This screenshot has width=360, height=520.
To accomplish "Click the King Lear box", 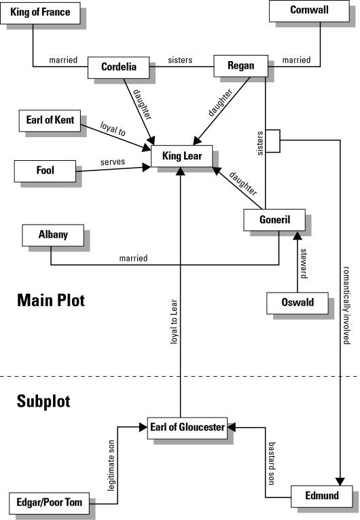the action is (181, 156).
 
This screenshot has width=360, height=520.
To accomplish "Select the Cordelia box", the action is (118, 67).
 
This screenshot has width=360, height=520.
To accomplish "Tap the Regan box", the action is (240, 66).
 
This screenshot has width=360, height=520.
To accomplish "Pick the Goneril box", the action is (274, 220).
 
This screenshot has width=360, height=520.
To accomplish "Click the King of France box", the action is (40, 13).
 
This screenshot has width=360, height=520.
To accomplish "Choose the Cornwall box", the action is (309, 11).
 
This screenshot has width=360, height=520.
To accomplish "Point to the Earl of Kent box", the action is (50, 121).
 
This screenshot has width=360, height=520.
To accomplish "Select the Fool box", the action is (45, 171).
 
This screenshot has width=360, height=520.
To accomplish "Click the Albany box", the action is (53, 235).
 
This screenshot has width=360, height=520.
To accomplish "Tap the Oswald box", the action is (298, 303).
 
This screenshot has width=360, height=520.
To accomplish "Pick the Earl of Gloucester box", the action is (187, 428).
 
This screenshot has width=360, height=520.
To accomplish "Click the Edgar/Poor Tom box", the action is (49, 503).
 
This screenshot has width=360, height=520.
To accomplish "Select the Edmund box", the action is (322, 496).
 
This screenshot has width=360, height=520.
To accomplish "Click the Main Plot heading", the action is (51, 300).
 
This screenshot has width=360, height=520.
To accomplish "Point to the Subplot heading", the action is (43, 401).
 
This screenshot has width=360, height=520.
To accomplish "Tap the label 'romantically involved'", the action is (346, 305).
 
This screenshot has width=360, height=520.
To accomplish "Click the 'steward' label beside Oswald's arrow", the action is (304, 263).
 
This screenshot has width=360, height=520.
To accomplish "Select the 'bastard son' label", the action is (272, 463).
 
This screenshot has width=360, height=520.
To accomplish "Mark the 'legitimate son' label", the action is (111, 466).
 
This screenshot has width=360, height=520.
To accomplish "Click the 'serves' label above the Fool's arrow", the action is (113, 162).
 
